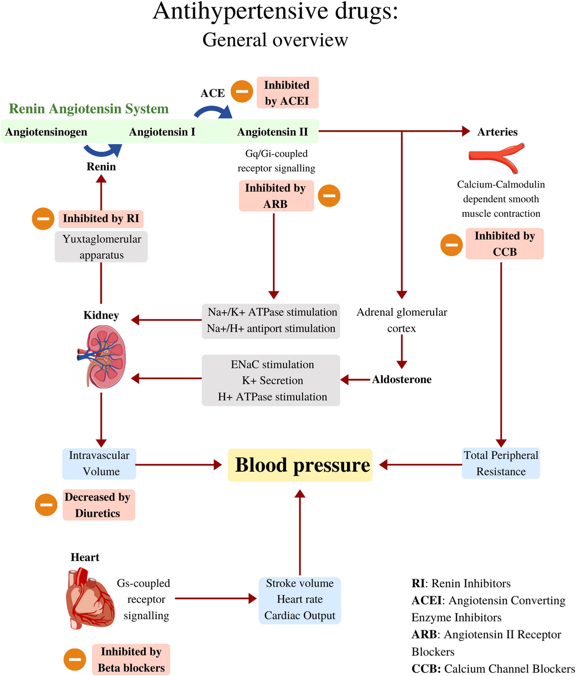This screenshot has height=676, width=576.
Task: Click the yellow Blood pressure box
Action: tap(300, 465)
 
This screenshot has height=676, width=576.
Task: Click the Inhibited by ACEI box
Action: tap(287, 93)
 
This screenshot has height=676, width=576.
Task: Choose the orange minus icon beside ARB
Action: tap(329, 196)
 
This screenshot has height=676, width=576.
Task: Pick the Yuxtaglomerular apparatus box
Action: tap(101, 247)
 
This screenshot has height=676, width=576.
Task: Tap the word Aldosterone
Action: tap(402, 379)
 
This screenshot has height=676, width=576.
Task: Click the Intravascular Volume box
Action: tap(99, 463)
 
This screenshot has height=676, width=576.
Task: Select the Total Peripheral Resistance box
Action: tap(500, 463)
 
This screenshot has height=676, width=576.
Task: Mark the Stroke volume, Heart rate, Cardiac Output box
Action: tap(300, 599)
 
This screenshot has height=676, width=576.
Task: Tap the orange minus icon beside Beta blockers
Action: tap(75, 659)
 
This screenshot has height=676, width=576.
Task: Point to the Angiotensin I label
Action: tap(162, 132)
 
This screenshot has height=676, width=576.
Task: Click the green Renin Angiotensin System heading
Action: tap(89, 109)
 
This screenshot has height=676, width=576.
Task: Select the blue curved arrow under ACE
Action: tap(213, 112)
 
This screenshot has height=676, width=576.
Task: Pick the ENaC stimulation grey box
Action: tap(271, 380)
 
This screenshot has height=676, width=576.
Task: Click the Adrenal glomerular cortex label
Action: tap(402, 320)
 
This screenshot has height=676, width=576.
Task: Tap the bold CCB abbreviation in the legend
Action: tap(426, 668)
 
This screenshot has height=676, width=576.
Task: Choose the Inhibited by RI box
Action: tap(101, 218)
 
